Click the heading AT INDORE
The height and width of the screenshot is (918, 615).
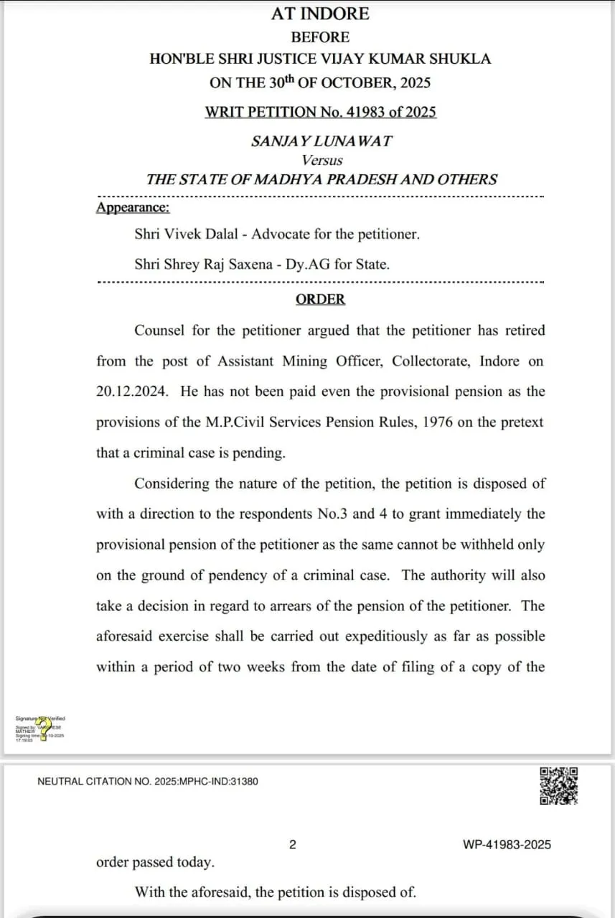coord(320,14)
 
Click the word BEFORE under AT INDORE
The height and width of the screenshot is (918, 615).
coord(320,37)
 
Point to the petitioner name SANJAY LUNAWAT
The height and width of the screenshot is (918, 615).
coord(321,141)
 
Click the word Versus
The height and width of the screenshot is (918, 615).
coord(322,161)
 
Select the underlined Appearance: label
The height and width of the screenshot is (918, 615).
coord(133,208)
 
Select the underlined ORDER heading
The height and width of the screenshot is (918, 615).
coord(320,300)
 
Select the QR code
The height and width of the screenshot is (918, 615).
coord(559,786)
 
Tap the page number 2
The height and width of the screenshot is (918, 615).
coord(292,845)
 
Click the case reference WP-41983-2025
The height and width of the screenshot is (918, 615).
coord(507,845)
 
